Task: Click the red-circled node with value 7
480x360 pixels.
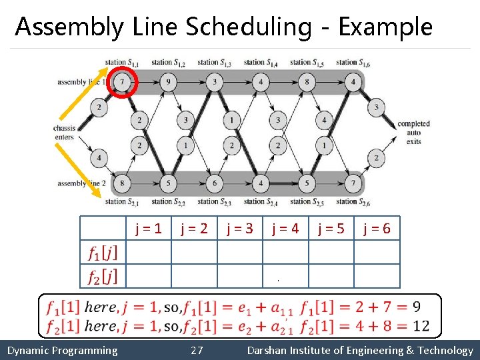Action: (x=122, y=82)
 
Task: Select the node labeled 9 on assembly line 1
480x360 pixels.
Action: (x=168, y=82)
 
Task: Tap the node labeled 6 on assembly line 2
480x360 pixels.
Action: (x=214, y=183)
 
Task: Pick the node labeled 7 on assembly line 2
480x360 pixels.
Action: (x=353, y=183)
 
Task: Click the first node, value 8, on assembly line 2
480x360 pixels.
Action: (x=122, y=183)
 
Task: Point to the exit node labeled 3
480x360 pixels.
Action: (x=376, y=107)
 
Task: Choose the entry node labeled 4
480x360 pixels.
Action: (x=99, y=158)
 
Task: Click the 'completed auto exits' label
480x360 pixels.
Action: (x=413, y=132)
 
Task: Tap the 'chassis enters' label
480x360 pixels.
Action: (x=65, y=132)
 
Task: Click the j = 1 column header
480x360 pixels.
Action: (x=149, y=229)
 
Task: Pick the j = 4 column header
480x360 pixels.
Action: (x=285, y=229)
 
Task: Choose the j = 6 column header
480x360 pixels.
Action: (x=377, y=229)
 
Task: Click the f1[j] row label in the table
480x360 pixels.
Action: (x=103, y=253)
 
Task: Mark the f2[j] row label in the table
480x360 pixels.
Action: (x=103, y=276)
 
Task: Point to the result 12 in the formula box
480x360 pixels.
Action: (x=421, y=325)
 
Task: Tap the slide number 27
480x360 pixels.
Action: (x=197, y=351)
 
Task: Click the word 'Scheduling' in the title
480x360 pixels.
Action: (x=248, y=27)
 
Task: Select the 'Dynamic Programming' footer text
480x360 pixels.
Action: (x=62, y=351)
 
